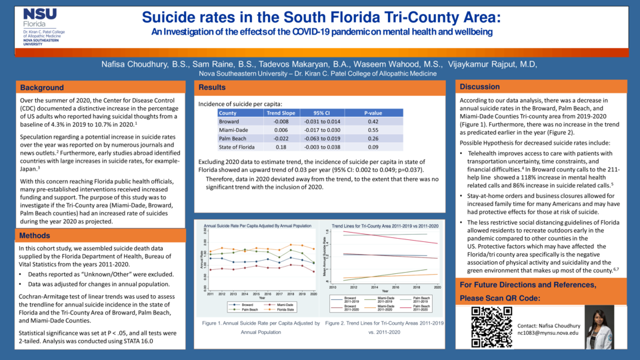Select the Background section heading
pos(42,87)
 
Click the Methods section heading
pos(35,235)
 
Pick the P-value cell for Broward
pos(373,122)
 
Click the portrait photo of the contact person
pos(599,327)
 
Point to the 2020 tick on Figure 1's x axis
pos(313,293)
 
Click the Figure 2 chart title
pos(385,227)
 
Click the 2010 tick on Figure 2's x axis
pos(331,288)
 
